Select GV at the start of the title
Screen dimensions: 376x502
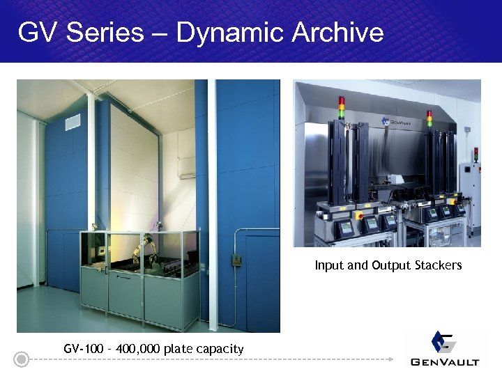point(36,32)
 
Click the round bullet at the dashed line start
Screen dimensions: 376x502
point(22,360)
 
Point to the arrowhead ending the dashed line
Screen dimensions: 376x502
point(391,360)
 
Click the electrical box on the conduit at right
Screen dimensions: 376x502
point(236,260)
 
